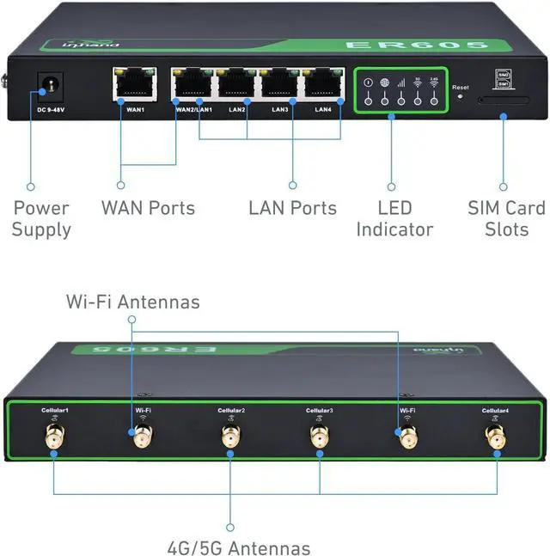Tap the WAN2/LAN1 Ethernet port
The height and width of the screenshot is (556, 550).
click(192, 85)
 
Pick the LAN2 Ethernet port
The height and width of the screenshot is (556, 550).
click(237, 85)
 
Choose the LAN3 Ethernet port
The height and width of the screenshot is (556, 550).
click(280, 85)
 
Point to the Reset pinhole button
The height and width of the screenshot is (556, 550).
click(461, 96)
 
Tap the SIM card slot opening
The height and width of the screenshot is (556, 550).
click(504, 100)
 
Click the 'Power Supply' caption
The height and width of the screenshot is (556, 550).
click(41, 218)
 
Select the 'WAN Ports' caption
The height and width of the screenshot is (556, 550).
click(148, 208)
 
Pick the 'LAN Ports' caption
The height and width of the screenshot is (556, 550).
click(292, 208)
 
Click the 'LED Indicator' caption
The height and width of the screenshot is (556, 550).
click(394, 218)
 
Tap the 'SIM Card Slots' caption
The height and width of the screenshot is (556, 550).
click(506, 218)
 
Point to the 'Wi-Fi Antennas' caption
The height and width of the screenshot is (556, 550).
click(133, 302)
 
